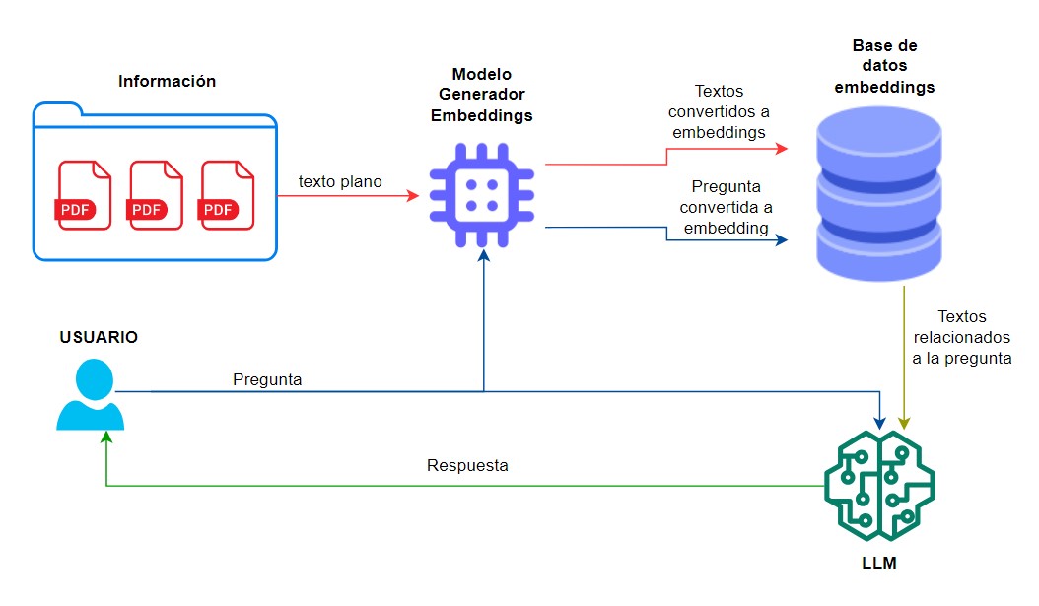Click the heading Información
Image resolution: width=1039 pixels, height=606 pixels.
pyautogui.click(x=167, y=81)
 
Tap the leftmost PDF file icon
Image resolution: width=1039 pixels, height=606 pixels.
pyautogui.click(x=85, y=195)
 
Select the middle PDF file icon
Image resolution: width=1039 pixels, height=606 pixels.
pyautogui.click(x=156, y=195)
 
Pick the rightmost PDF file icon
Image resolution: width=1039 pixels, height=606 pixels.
pyautogui.click(x=228, y=195)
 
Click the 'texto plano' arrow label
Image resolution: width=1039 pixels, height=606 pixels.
pyautogui.click(x=340, y=181)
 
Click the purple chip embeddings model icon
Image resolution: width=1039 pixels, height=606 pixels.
pyautogui.click(x=481, y=195)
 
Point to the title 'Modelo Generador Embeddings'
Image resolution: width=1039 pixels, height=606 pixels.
pyautogui.click(x=481, y=95)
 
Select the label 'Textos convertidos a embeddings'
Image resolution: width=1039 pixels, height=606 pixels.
pyautogui.click(x=718, y=110)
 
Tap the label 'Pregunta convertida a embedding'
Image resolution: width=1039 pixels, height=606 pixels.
pyautogui.click(x=727, y=206)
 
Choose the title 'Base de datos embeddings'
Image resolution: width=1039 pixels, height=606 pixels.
pyautogui.click(x=884, y=67)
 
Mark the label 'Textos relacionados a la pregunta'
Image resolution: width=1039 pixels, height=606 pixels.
pyautogui.click(x=962, y=338)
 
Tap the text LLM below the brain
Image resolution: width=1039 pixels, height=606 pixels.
pyautogui.click(x=878, y=565)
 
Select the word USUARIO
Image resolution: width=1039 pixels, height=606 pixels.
pyautogui.click(x=99, y=337)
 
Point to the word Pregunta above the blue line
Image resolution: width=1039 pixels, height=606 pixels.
pyautogui.click(x=267, y=378)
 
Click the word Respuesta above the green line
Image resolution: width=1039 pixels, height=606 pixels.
pyautogui.click(x=467, y=465)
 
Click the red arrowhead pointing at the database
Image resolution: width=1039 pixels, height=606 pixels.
pyautogui.click(x=782, y=149)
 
